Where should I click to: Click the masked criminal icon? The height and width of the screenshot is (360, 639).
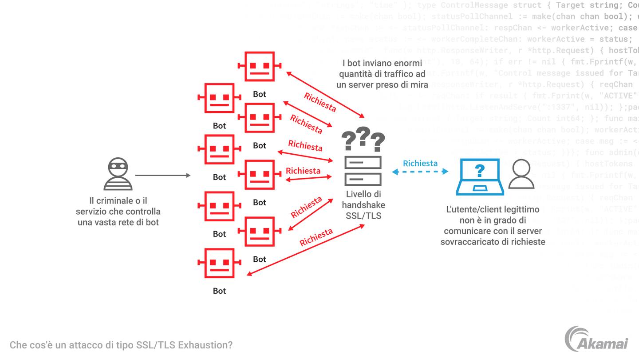pyautogui.click(x=118, y=174)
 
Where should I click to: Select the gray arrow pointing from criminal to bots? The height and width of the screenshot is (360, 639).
pyautogui.click(x=162, y=176)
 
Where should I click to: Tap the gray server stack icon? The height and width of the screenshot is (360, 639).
pyautogui.click(x=363, y=170)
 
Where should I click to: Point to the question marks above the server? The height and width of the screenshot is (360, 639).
pyautogui.click(x=363, y=139)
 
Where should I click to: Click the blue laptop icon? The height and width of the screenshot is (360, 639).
pyautogui.click(x=480, y=177)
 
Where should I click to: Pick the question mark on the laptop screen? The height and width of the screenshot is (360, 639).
pyautogui.click(x=479, y=170)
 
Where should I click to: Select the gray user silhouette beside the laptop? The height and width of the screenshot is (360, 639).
pyautogui.click(x=521, y=174)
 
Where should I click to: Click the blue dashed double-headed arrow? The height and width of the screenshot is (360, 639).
pyautogui.click(x=420, y=172)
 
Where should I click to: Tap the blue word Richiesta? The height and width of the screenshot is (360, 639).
pyautogui.click(x=420, y=163)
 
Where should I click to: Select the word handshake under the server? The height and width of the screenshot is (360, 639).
pyautogui.click(x=363, y=205)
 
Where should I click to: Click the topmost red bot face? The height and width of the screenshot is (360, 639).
pyautogui.click(x=260, y=66)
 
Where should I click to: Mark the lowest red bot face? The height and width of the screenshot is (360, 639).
pyautogui.click(x=219, y=263)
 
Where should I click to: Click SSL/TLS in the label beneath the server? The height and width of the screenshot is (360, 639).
pyautogui.click(x=363, y=216)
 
